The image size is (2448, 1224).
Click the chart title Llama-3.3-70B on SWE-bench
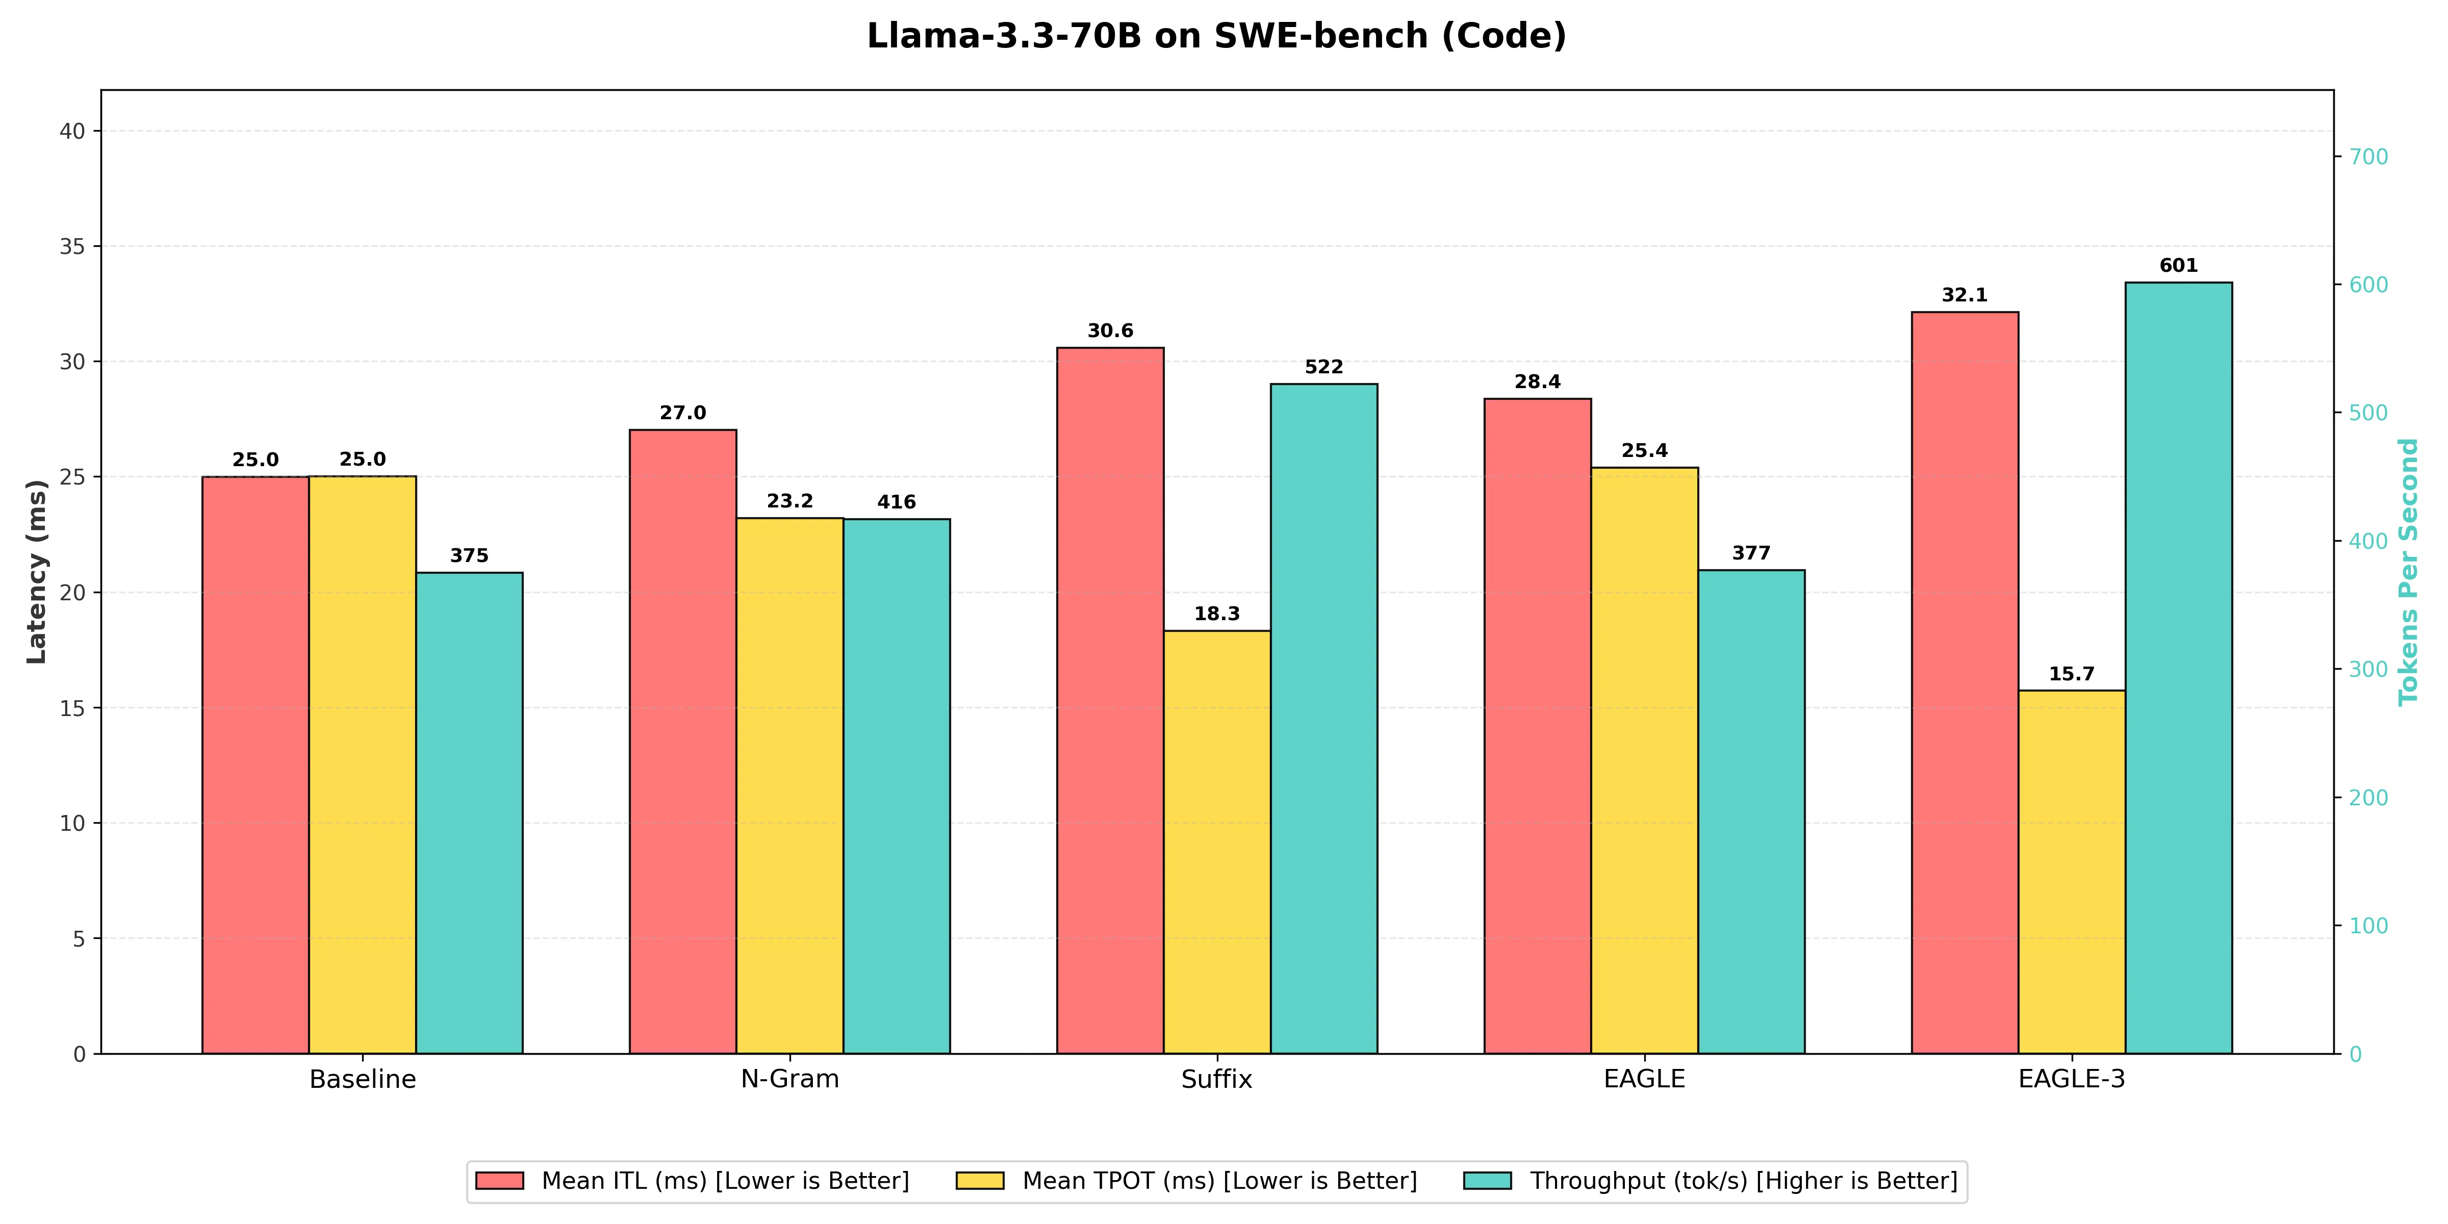[x=1216, y=36]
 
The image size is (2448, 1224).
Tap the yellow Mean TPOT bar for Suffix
[x=1217, y=841]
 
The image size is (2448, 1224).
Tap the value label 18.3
[x=1217, y=614]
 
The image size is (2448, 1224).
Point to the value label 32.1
[x=1965, y=296]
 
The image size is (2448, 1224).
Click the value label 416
[x=896, y=502]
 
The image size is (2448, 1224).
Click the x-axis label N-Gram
[x=789, y=1080]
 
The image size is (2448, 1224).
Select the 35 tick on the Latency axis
[x=72, y=247]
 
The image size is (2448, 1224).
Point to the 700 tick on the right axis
[x=2368, y=157]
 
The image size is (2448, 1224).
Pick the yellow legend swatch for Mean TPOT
[x=980, y=1181]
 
